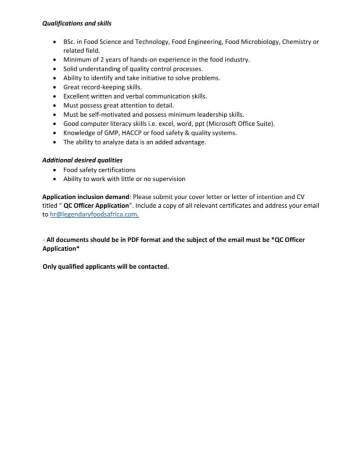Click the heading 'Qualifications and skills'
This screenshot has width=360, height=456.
coord(76,23)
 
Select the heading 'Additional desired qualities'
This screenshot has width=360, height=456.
coord(82,161)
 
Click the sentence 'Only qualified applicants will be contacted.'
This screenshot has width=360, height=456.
coord(105,267)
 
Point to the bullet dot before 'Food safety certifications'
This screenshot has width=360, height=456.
coord(54,170)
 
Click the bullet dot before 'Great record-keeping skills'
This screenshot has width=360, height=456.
coord(54,87)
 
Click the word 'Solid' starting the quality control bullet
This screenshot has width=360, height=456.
coord(70,69)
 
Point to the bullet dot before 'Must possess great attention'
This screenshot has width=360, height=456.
coord(54,106)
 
